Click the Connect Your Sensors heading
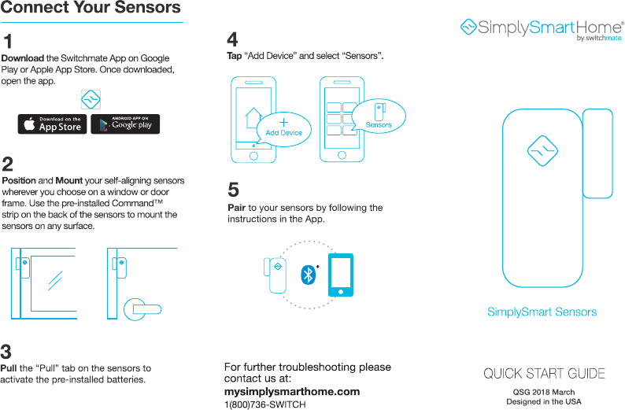pos(91,9)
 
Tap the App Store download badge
pos(53,124)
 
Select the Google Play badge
pos(125,124)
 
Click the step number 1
pos(7,41)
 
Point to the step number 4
pos(232,39)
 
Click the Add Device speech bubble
pos(283,128)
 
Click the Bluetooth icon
pos(309,275)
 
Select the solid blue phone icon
pos(341,274)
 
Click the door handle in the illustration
pos(147,309)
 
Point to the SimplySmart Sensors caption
pos(542,312)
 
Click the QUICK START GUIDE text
pos(544,373)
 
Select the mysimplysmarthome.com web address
pos(292,391)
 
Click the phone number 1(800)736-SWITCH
pos(264,404)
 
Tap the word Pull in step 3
pos(9,368)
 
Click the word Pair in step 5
pos(236,208)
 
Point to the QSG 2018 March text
pos(543,392)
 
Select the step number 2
pos(7,164)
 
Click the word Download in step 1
pos(23,58)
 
